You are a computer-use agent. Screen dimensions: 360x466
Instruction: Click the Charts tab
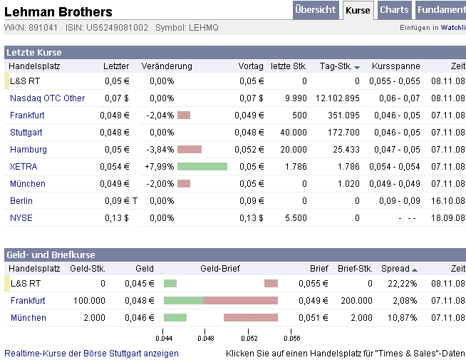click(394, 10)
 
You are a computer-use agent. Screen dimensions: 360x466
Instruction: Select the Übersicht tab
click(316, 10)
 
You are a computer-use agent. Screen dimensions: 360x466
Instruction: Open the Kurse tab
click(358, 10)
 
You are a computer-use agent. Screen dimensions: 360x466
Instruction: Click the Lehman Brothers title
click(58, 11)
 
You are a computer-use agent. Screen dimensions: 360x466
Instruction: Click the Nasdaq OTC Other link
click(47, 98)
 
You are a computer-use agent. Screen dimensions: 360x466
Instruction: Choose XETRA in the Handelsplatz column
click(24, 167)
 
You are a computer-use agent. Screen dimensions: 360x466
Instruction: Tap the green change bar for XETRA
click(202, 167)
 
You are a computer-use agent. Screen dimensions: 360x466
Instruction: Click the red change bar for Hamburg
click(190, 150)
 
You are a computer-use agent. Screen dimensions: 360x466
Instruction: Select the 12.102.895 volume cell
click(338, 98)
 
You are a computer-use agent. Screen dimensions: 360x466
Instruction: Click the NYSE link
click(21, 218)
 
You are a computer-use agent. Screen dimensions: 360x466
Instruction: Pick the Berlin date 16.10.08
click(447, 201)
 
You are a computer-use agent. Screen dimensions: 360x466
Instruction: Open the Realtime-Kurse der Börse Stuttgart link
click(91, 353)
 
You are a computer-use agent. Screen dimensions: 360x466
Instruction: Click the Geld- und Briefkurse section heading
click(50, 254)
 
